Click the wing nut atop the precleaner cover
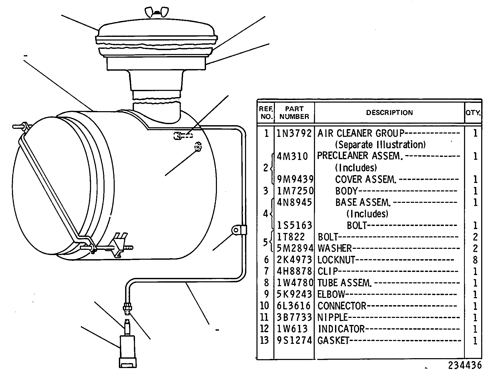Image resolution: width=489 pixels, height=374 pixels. pos(157,12)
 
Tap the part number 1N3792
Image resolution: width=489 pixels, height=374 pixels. pos(294,133)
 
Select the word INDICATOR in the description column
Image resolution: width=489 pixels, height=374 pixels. pos(341,329)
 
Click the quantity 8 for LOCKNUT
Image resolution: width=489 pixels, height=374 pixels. pos(475,260)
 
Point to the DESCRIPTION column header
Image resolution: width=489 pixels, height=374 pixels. pos(389,112)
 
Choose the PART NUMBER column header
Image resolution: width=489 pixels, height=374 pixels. pos(294,112)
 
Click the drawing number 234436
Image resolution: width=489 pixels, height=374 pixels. pos(465,365)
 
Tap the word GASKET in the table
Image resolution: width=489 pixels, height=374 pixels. pos(333,340)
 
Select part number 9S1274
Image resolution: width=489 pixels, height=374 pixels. pos(294,340)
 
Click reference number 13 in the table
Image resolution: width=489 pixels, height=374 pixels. pos(264,340)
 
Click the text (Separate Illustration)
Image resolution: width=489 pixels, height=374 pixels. pos(380,144)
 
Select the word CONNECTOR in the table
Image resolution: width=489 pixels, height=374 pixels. pos(342,306)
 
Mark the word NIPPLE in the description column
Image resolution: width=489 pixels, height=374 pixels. pos(333,317)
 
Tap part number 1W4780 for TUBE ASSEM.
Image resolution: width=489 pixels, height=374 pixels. pos(294,283)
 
